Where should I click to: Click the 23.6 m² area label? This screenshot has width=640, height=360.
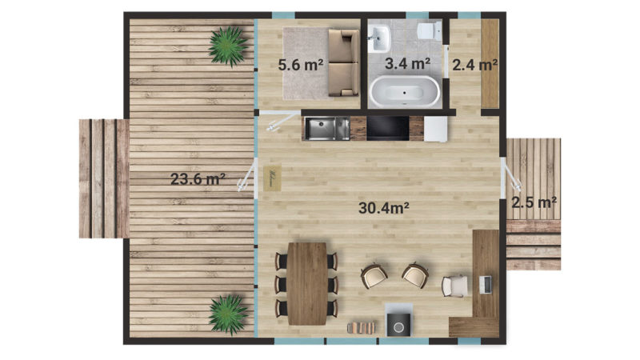point(198,178)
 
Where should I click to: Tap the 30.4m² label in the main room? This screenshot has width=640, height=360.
point(384,208)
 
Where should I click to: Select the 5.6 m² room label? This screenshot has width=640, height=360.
point(301,65)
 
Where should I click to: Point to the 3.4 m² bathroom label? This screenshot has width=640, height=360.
point(408,63)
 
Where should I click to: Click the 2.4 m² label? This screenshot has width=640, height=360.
point(474,65)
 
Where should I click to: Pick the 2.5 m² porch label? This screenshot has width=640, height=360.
point(534,202)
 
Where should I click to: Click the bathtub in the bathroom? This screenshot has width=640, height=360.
point(405,91)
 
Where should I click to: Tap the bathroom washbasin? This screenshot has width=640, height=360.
point(379,38)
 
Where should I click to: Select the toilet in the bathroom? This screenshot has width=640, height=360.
point(430,31)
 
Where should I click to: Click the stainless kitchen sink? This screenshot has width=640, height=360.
point(327,129)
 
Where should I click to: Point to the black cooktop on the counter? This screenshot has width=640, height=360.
point(388,129)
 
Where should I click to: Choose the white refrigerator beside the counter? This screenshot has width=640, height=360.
point(436,129)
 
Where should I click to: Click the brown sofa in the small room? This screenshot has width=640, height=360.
point(344,62)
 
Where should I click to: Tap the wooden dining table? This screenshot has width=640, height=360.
point(307,284)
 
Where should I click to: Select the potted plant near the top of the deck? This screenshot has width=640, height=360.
point(228,46)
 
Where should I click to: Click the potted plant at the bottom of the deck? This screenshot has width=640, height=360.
point(228,314)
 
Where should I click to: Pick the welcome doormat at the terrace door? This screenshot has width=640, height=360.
point(272,178)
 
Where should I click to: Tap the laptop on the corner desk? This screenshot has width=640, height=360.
point(486,285)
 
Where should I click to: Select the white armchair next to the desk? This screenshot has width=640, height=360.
point(454,286)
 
